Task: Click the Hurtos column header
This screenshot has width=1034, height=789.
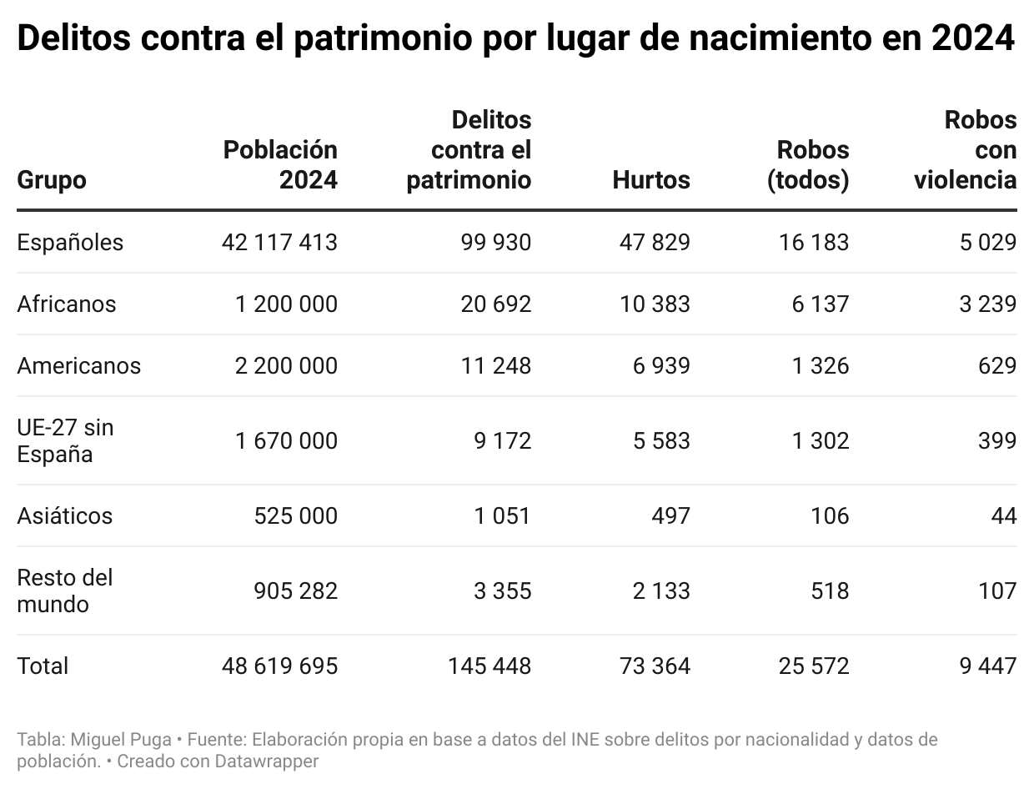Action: point(651,180)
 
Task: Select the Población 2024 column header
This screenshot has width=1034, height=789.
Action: point(280,164)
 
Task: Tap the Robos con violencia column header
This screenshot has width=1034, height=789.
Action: point(966,150)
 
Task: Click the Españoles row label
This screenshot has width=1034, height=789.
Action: point(70,243)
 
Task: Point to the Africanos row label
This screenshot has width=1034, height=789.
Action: point(67,304)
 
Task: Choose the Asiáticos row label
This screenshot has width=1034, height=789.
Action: point(64,516)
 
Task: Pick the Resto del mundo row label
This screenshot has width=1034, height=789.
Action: point(64,590)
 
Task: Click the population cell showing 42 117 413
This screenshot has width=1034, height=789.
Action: point(280,243)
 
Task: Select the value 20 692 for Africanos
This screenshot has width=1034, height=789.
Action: point(495,304)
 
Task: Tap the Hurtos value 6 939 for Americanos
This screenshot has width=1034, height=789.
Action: point(661,366)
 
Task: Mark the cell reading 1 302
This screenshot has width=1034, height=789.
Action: point(820,440)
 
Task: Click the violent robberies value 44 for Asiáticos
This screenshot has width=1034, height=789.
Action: point(1004,516)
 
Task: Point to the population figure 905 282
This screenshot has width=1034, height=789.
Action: point(296,591)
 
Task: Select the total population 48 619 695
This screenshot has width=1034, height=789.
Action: point(280,666)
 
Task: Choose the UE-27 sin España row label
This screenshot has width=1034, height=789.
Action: point(65,440)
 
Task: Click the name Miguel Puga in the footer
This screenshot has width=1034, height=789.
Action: point(122,740)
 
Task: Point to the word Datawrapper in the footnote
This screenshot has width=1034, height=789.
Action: point(267,761)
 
